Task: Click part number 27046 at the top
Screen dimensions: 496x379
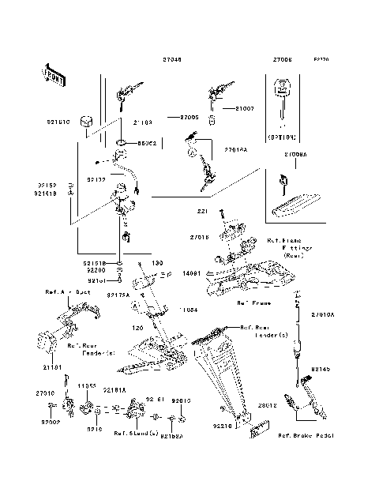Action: click(173, 59)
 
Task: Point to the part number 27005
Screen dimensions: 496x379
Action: click(189, 117)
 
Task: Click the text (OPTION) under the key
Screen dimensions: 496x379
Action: click(282, 136)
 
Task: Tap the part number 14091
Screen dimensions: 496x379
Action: click(190, 273)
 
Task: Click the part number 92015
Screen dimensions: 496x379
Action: click(182, 401)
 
